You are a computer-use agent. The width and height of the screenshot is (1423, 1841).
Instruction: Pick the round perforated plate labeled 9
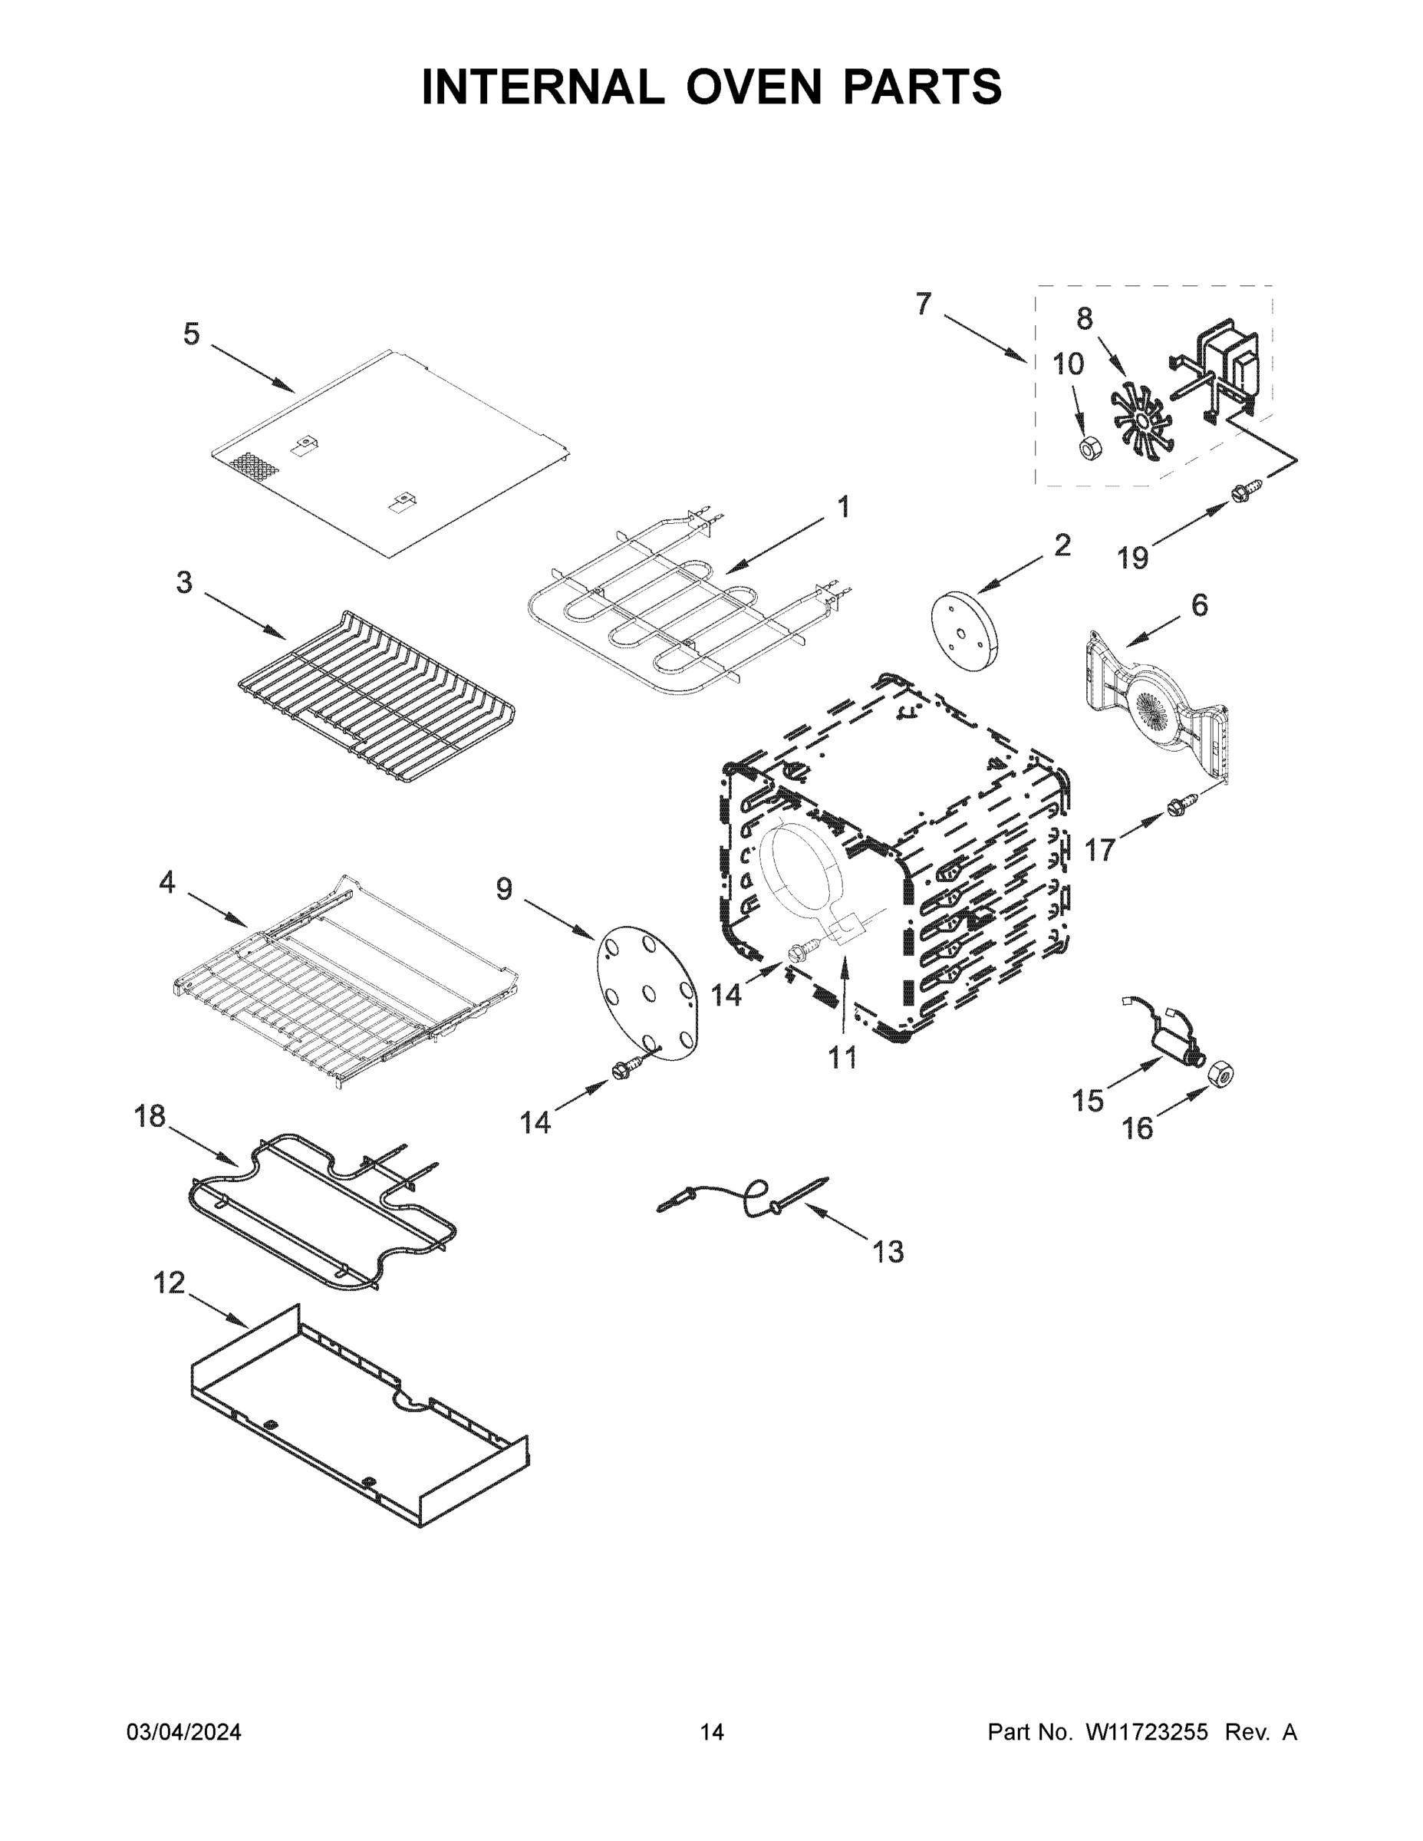tap(647, 992)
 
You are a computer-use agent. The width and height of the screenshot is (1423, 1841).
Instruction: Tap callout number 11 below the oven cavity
tap(842, 1057)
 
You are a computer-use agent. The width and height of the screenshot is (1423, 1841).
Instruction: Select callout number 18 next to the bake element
tap(150, 1117)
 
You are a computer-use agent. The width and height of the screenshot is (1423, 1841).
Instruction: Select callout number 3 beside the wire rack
tap(184, 582)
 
